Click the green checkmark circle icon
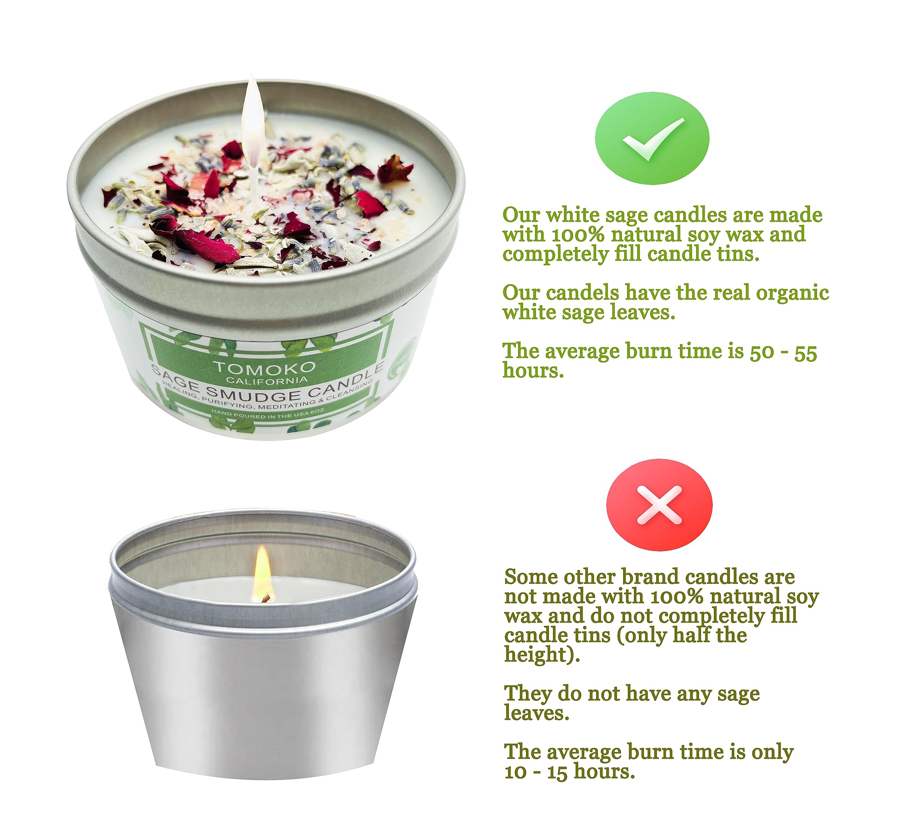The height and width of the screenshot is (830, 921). pyautogui.click(x=652, y=138)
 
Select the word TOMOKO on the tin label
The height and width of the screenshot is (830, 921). pyautogui.click(x=265, y=367)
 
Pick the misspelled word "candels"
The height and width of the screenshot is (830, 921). pyautogui.click(x=582, y=292)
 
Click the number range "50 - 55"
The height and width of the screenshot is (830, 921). pyautogui.click(x=783, y=352)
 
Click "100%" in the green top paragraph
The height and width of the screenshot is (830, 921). pyautogui.click(x=577, y=234)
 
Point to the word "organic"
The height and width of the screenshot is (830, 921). pyautogui.click(x=792, y=292)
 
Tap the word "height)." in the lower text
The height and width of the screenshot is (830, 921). pyautogui.click(x=542, y=654)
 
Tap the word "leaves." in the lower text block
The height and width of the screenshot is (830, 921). pyautogui.click(x=536, y=713)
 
